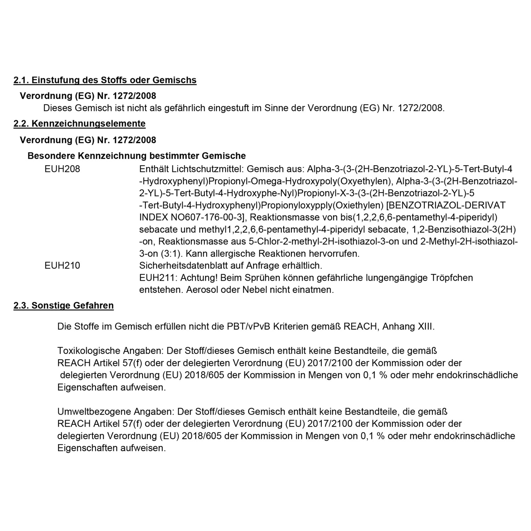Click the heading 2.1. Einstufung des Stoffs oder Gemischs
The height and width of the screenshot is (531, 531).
click(x=105, y=80)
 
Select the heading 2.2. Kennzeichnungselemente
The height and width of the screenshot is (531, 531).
click(x=79, y=124)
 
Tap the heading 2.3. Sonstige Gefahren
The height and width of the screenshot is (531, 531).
click(x=64, y=306)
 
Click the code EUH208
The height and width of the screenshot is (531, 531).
click(x=62, y=169)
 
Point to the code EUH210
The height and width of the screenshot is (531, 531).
click(x=62, y=265)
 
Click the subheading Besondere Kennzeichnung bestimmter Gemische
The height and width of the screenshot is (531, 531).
click(x=137, y=156)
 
